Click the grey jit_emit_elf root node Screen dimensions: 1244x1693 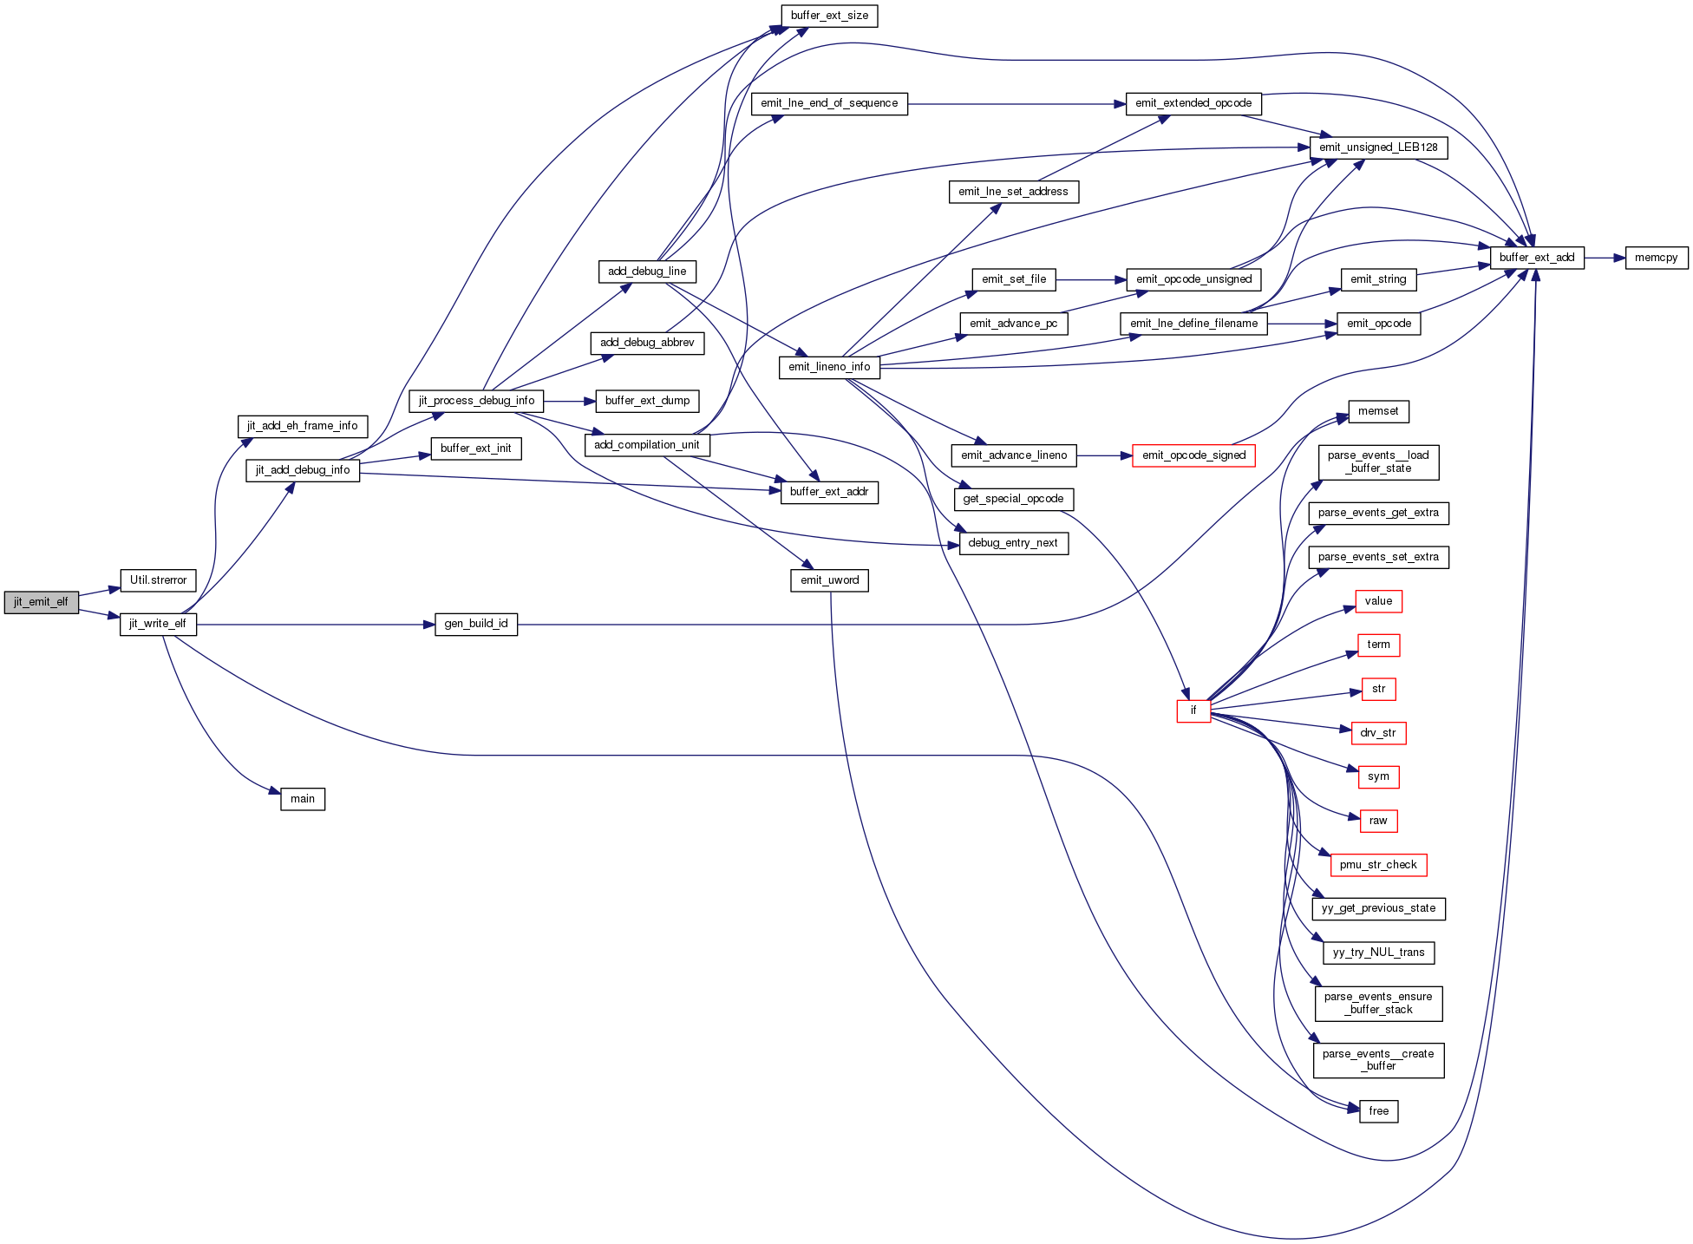(x=41, y=602)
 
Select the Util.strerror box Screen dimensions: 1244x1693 (x=158, y=580)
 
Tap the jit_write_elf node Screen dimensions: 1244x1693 (x=158, y=624)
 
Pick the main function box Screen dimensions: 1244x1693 (x=303, y=799)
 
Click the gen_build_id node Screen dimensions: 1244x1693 (x=476, y=624)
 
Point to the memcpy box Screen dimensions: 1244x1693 (x=1657, y=258)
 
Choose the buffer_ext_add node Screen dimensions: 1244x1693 (x=1537, y=258)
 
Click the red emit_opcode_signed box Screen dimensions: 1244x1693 (x=1193, y=455)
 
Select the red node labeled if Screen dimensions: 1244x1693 (x=1193, y=710)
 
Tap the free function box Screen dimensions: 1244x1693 (x=1379, y=1111)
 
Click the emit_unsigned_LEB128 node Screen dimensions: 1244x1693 (x=1378, y=147)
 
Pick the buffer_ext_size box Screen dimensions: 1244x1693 (x=829, y=16)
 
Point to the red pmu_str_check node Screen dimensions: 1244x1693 (x=1378, y=865)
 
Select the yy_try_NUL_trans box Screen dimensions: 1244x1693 (x=1378, y=953)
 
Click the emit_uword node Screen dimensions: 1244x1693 (x=829, y=580)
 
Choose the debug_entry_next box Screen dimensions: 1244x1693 (x=1013, y=543)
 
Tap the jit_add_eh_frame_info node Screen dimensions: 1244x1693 (x=303, y=426)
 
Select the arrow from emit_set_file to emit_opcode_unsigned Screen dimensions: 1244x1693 (x=1091, y=279)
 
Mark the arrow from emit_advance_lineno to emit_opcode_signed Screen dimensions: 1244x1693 (x=1104, y=455)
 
